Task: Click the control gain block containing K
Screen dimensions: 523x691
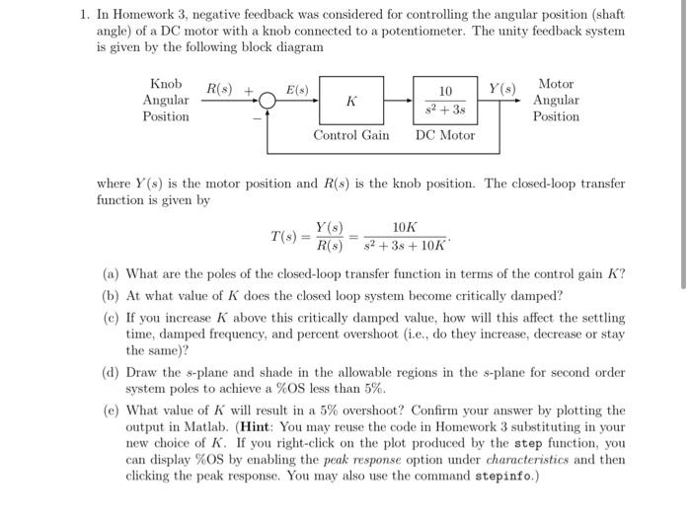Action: pyautogui.click(x=350, y=100)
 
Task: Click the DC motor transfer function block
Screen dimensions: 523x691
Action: pyautogui.click(x=445, y=100)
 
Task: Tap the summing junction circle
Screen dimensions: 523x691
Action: pyautogui.click(x=269, y=101)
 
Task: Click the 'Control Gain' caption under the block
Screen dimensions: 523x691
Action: pyautogui.click(x=350, y=135)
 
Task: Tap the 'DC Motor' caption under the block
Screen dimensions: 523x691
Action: pyautogui.click(x=445, y=135)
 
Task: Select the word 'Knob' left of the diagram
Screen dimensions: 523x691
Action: pyautogui.click(x=165, y=84)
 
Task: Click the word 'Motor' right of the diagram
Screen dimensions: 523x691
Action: pyautogui.click(x=556, y=84)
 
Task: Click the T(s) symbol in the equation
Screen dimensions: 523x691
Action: pyautogui.click(x=284, y=236)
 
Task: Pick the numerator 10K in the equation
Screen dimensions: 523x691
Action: pyautogui.click(x=404, y=227)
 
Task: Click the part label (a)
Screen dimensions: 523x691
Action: pyautogui.click(x=112, y=274)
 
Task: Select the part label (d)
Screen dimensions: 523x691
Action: pyautogui.click(x=112, y=372)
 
